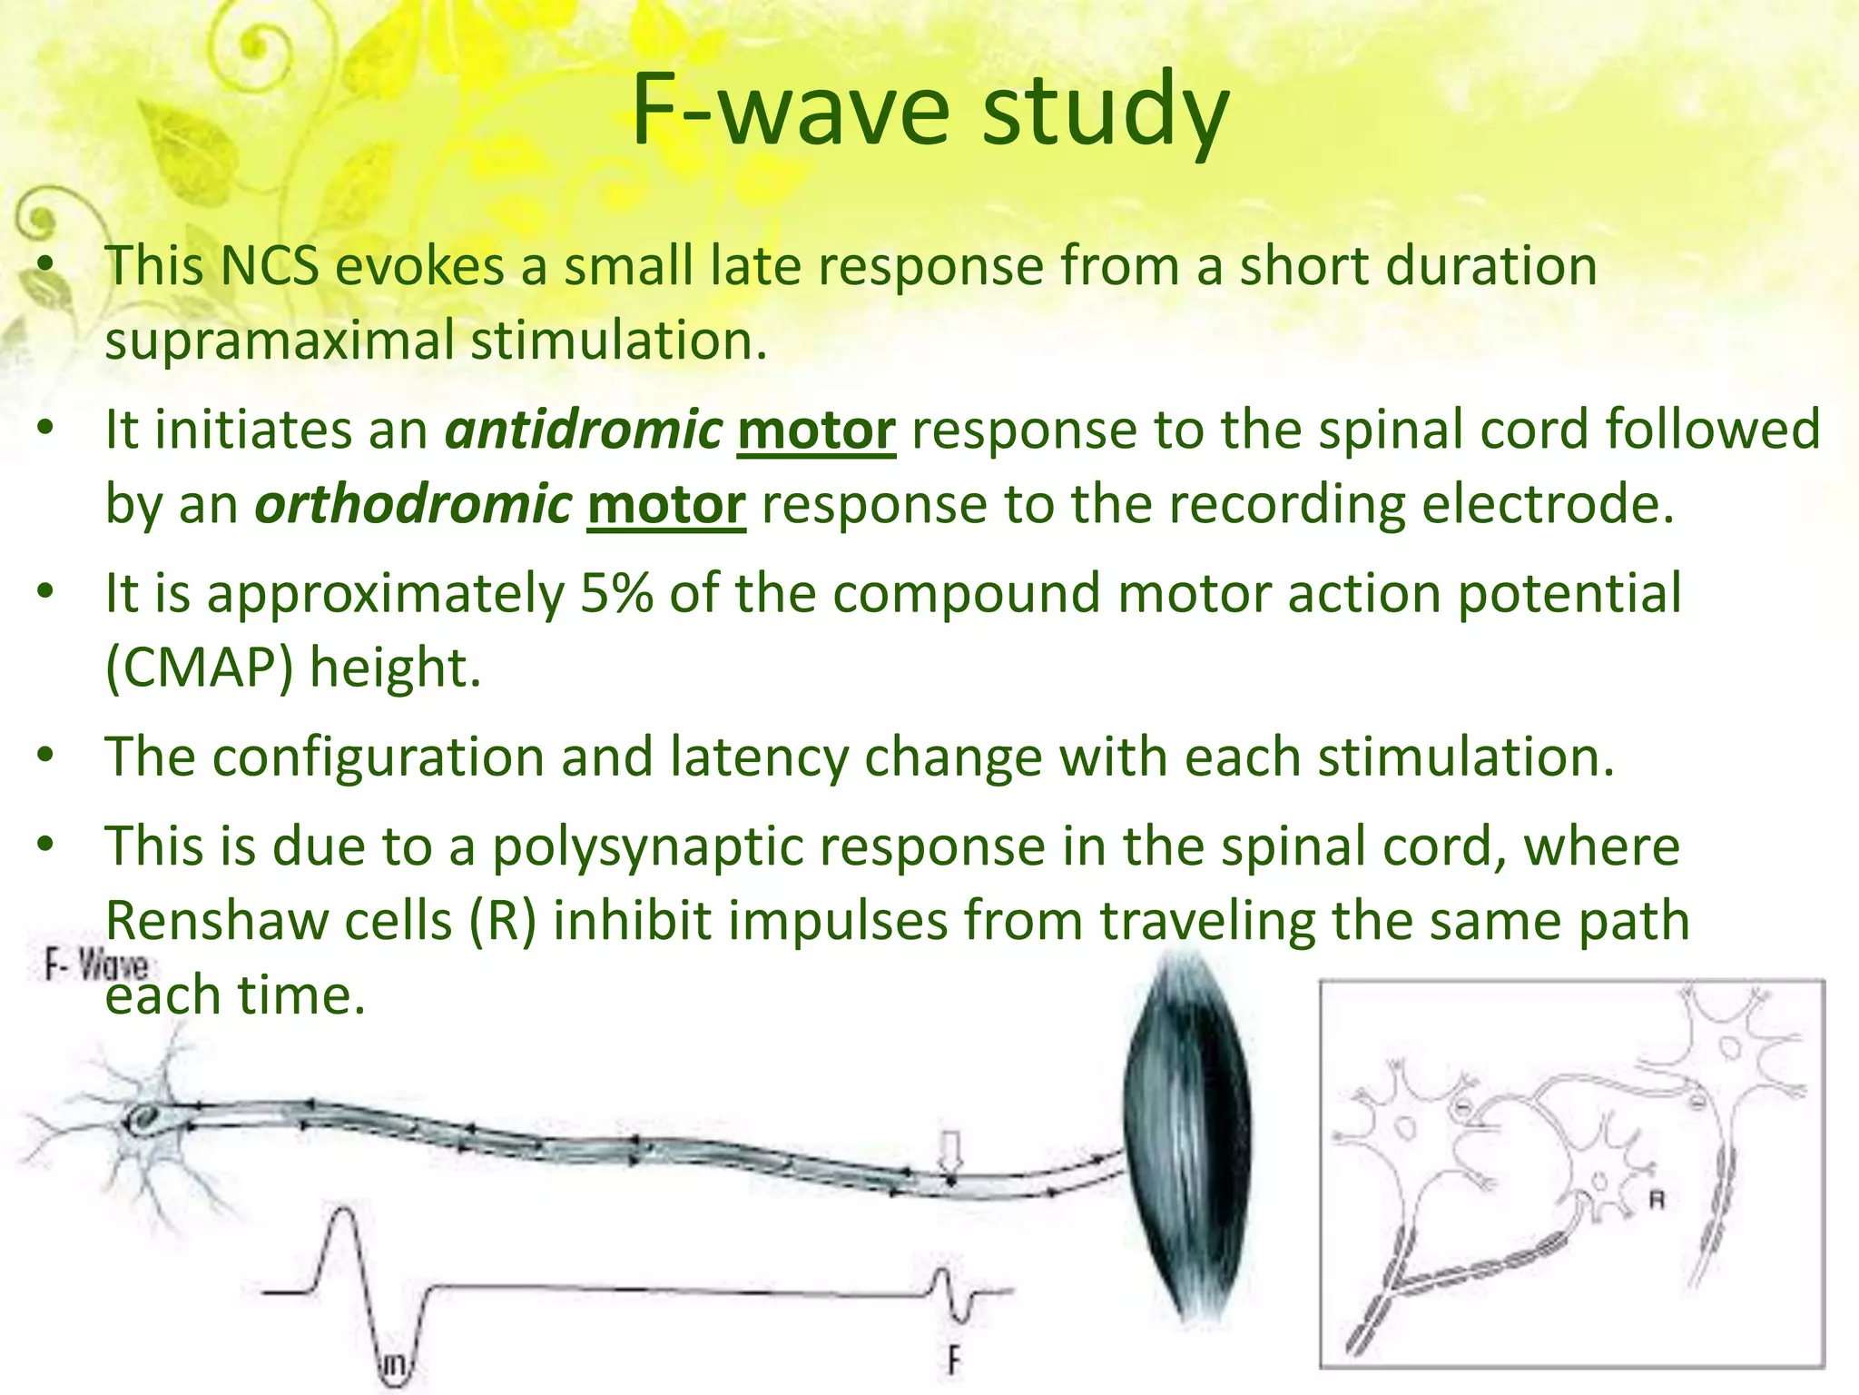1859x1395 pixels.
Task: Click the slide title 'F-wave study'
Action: pyautogui.click(x=929, y=111)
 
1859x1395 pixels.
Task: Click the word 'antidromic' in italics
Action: pyautogui.click(x=583, y=430)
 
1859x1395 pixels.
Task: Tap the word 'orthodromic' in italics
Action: pyautogui.click(x=413, y=504)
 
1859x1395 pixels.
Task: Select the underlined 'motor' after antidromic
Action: pyautogui.click(x=816, y=430)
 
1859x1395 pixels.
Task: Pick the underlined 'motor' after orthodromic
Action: pyautogui.click(x=666, y=504)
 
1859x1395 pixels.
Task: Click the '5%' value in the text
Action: pyautogui.click(x=616, y=593)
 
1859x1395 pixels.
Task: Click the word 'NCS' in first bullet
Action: pyautogui.click(x=270, y=266)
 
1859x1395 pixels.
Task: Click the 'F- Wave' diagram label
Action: pyautogui.click(x=95, y=965)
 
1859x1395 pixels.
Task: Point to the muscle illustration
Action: pyautogui.click(x=1187, y=1135)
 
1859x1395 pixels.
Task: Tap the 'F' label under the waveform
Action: pyautogui.click(x=952, y=1360)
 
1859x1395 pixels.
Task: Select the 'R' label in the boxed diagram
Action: pyautogui.click(x=1657, y=1201)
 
